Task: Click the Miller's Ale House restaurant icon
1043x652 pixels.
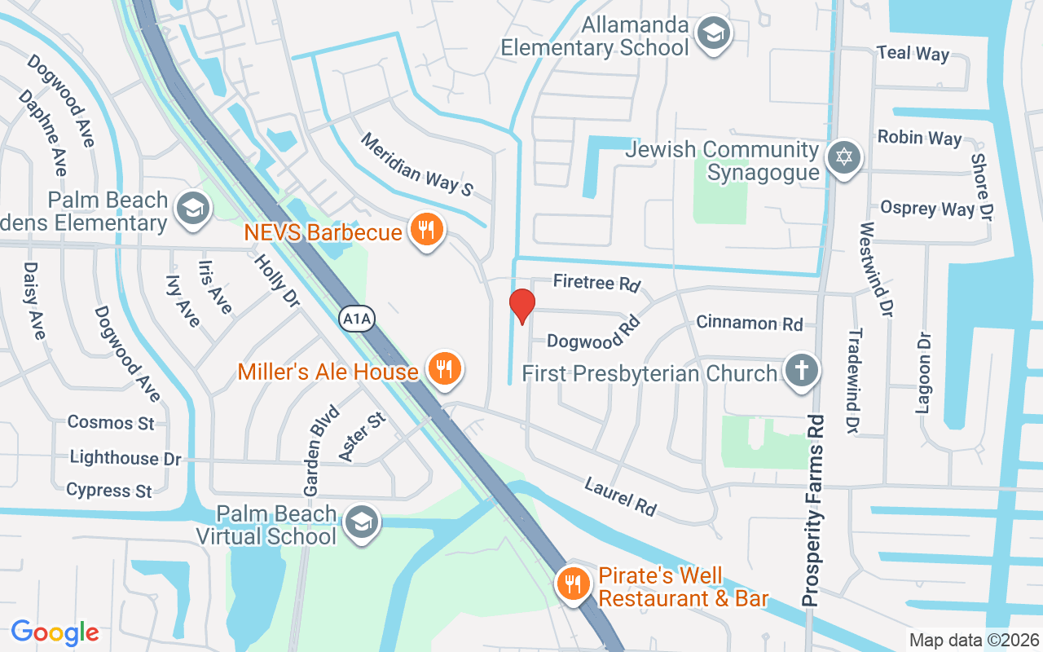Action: (x=444, y=370)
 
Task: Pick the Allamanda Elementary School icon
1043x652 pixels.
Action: (x=715, y=33)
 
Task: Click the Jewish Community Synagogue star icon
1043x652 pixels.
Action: (x=843, y=157)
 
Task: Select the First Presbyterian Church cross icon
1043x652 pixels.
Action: (x=801, y=372)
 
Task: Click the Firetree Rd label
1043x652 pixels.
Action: (x=596, y=283)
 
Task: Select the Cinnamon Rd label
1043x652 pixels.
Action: (x=750, y=323)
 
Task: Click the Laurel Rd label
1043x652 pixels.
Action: (x=620, y=496)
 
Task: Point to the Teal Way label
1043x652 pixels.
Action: (x=913, y=53)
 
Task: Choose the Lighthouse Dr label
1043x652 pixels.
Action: (x=125, y=458)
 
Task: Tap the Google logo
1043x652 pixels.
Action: (x=55, y=632)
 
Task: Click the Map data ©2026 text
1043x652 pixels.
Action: (x=975, y=640)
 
